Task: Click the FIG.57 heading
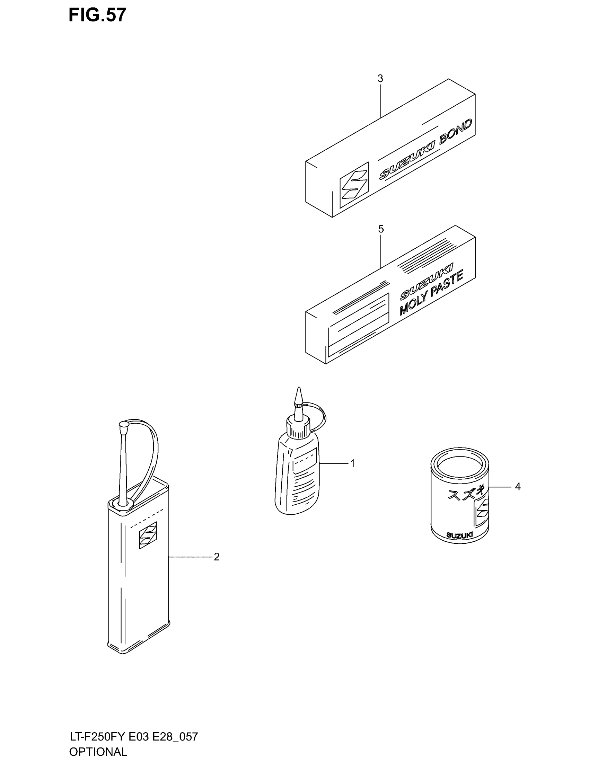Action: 97,16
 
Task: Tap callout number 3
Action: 380,79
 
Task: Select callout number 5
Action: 381,229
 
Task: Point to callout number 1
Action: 352,463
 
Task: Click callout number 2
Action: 216,557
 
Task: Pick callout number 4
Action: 518,486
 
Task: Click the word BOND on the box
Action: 455,131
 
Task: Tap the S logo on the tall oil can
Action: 148,535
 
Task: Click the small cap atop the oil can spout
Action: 124,425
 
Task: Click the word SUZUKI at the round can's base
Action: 459,535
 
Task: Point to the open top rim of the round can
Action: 460,466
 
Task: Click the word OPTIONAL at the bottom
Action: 98,752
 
